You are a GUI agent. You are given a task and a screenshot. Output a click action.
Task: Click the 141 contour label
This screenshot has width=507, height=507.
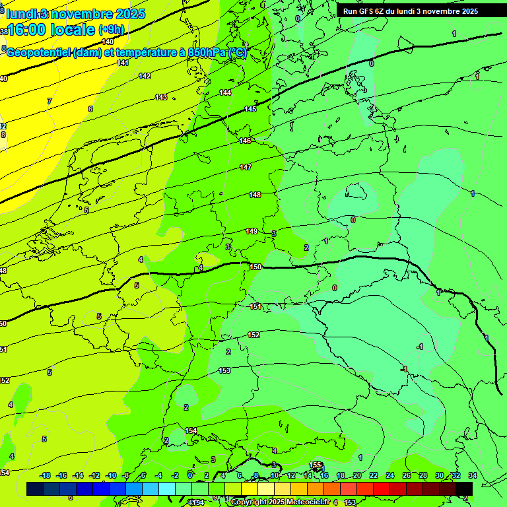tap(123, 63)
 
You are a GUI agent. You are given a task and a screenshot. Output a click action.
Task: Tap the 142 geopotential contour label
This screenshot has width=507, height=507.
tap(145, 76)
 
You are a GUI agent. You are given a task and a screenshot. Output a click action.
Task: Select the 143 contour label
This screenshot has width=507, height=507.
tap(161, 97)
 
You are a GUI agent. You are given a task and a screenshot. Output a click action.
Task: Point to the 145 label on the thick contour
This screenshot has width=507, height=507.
tap(250, 109)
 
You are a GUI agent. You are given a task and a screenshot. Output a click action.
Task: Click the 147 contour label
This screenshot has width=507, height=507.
tap(246, 167)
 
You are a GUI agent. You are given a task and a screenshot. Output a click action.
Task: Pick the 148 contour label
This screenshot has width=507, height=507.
tap(255, 195)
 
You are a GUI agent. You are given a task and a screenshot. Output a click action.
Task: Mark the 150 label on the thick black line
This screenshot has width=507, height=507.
tap(256, 267)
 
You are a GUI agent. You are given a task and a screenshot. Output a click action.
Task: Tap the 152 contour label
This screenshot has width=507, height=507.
tap(253, 335)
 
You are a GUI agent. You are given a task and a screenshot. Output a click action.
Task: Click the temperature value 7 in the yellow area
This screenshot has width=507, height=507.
tap(49, 101)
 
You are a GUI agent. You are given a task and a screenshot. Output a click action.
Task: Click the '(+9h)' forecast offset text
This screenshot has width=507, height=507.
tap(110, 30)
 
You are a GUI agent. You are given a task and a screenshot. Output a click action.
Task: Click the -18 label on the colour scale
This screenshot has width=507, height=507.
tap(45, 475)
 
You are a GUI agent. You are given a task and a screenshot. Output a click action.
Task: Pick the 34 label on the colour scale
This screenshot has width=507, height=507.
tap(472, 475)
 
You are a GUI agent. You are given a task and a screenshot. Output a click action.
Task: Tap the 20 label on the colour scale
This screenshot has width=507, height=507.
tap(356, 475)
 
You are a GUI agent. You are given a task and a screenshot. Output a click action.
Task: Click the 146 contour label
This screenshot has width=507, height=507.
tap(245, 141)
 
